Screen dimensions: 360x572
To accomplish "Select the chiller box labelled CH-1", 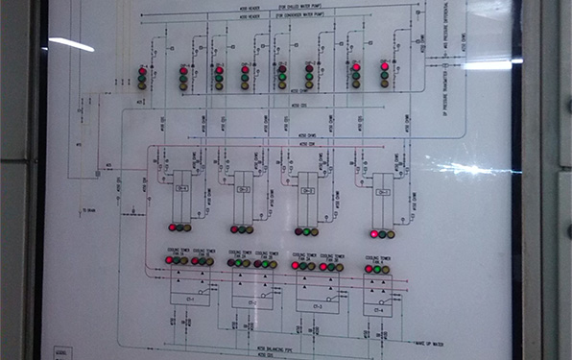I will click(x=181, y=187).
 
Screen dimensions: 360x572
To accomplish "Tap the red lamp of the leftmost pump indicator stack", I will click(x=142, y=71).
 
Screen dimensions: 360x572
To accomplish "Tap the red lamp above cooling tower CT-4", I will click(x=369, y=270).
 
